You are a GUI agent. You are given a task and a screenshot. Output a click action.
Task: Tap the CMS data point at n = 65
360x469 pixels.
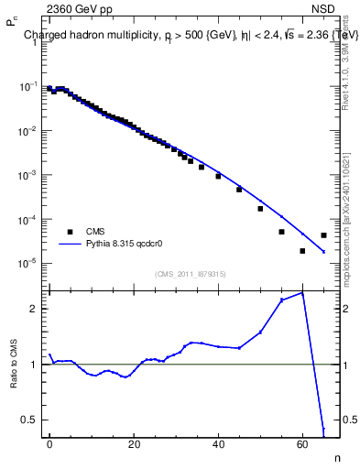pyautogui.click(x=323, y=235)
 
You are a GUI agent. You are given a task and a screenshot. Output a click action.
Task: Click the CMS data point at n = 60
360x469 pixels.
pyautogui.click(x=302, y=251)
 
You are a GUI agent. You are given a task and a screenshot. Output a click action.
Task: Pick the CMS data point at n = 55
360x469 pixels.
pyautogui.click(x=281, y=232)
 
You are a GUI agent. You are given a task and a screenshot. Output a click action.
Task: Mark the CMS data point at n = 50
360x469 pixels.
pyautogui.click(x=260, y=209)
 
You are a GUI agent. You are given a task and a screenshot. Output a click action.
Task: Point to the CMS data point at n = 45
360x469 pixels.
pyautogui.click(x=239, y=190)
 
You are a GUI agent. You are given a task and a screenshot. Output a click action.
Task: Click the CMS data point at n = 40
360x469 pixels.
pyautogui.click(x=218, y=176)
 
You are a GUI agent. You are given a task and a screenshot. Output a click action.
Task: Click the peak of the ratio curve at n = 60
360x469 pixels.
pyautogui.click(x=302, y=292)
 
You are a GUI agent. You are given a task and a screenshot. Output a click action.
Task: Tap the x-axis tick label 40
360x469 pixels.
pyautogui.click(x=218, y=442)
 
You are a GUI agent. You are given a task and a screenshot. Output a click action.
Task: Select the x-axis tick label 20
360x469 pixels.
pyautogui.click(x=134, y=442)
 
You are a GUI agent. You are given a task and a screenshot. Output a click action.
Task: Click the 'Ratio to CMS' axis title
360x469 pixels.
pyautogui.click(x=13, y=363)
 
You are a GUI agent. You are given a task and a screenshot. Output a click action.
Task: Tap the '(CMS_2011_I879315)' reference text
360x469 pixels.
pyautogui.click(x=191, y=274)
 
